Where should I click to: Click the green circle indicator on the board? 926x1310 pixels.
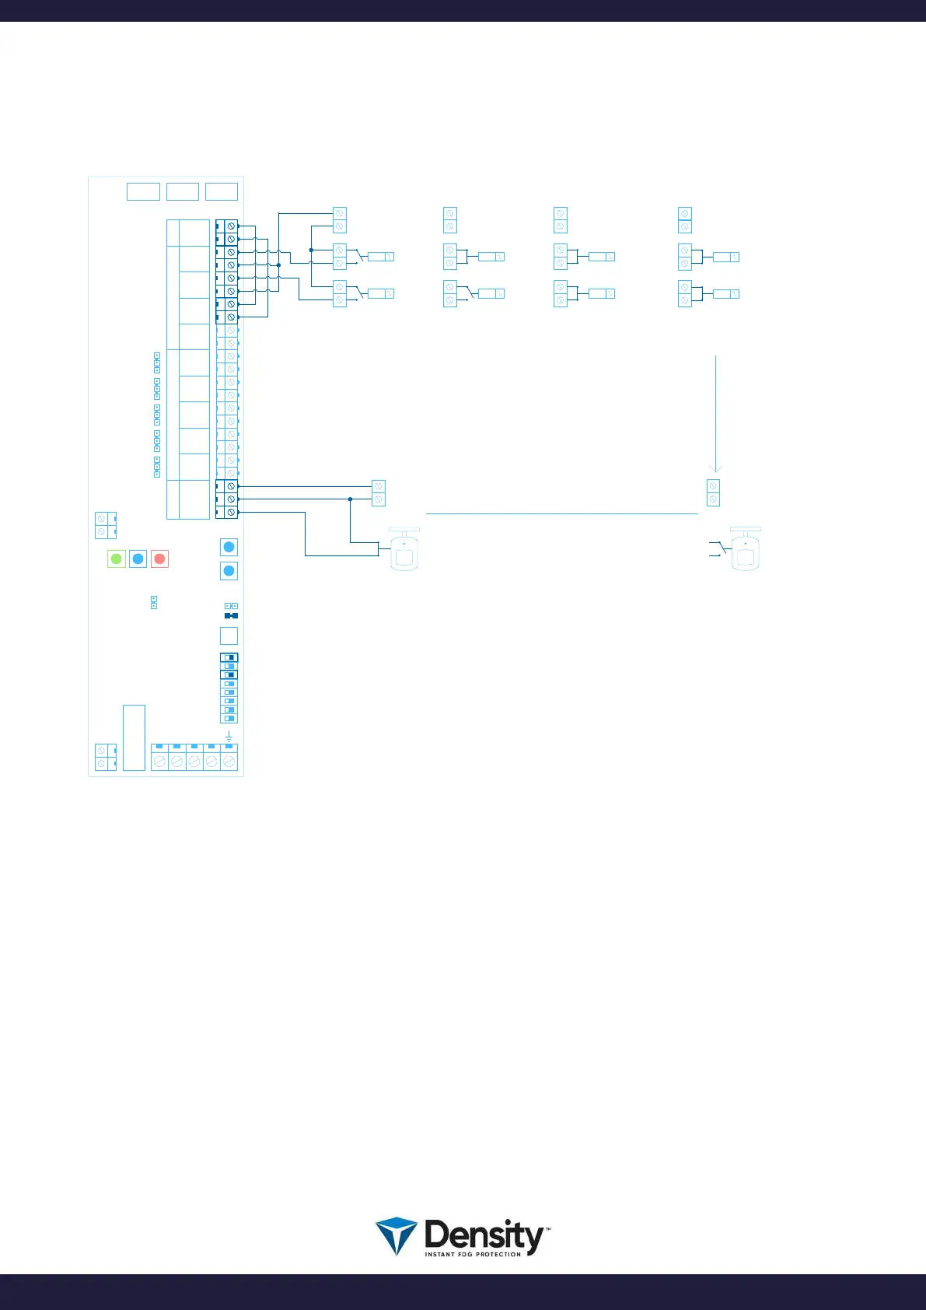pyautogui.click(x=116, y=559)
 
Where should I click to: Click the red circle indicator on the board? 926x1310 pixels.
pyautogui.click(x=159, y=559)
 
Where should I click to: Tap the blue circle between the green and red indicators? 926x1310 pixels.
pyautogui.click(x=138, y=559)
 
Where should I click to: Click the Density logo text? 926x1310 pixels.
pyautogui.click(x=484, y=1235)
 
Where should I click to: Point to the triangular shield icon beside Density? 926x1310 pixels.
pyautogui.click(x=396, y=1235)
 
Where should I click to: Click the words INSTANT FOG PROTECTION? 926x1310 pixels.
pyautogui.click(x=473, y=1254)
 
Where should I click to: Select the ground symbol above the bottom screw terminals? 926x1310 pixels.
pyautogui.click(x=229, y=736)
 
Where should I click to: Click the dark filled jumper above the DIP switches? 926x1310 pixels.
pyautogui.click(x=231, y=615)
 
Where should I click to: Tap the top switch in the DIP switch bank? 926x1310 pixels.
pyautogui.click(x=229, y=657)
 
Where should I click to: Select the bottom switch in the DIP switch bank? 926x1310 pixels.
pyautogui.click(x=229, y=719)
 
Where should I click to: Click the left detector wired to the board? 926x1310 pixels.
pyautogui.click(x=404, y=551)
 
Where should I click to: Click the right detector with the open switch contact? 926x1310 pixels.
pyautogui.click(x=746, y=551)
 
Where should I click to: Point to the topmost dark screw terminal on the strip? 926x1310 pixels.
pyautogui.click(x=230, y=226)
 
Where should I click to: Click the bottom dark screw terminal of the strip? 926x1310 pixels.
pyautogui.click(x=230, y=512)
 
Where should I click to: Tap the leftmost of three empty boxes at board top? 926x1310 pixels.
pyautogui.click(x=143, y=191)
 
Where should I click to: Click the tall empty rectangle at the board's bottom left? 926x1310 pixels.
pyautogui.click(x=134, y=737)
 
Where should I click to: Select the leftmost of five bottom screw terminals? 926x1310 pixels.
pyautogui.click(x=159, y=761)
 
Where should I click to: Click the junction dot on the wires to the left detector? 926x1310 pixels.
pyautogui.click(x=350, y=499)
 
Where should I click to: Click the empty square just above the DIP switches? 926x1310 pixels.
pyautogui.click(x=229, y=636)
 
